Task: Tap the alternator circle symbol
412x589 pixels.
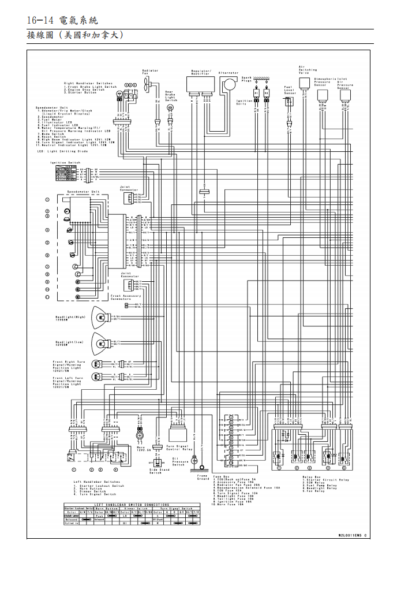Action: (229, 84)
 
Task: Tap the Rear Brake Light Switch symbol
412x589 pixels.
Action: (170, 107)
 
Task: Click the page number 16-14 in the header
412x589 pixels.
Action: (40, 20)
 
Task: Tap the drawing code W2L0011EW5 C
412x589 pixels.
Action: (351, 535)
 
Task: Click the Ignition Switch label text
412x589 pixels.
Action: (65, 163)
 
